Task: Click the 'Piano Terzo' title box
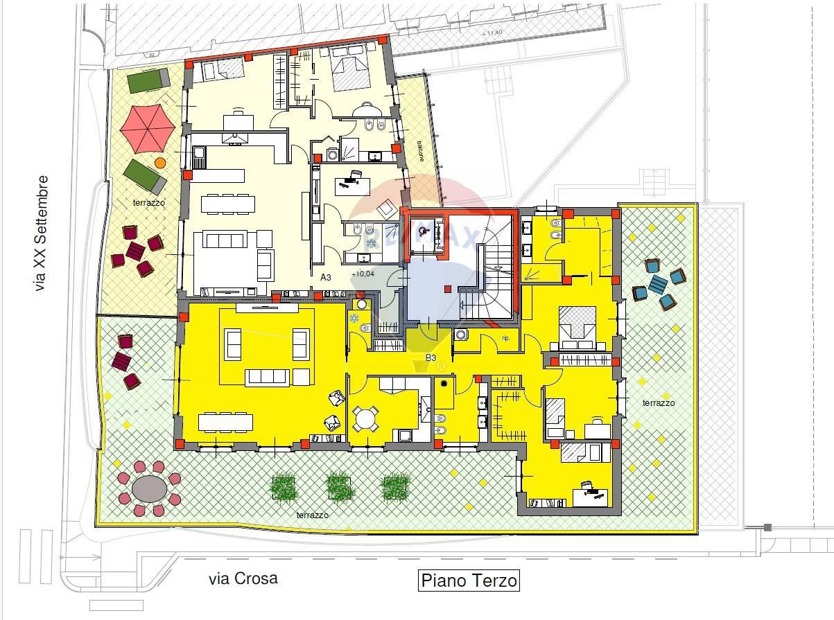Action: click(469, 580)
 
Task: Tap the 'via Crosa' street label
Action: click(243, 578)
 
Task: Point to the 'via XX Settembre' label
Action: click(42, 233)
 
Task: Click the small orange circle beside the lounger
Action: click(160, 163)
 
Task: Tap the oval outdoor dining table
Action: click(150, 489)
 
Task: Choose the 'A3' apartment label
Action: click(326, 276)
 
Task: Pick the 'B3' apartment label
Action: click(431, 358)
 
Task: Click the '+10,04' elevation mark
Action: click(363, 274)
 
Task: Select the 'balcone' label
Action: click(420, 151)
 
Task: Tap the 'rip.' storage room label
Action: click(505, 339)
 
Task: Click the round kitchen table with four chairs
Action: click(364, 418)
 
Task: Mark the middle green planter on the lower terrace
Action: click(340, 486)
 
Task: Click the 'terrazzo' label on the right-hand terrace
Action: click(658, 402)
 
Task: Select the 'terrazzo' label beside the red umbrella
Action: click(150, 203)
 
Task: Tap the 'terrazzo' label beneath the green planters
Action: click(312, 515)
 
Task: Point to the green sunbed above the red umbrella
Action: click(148, 80)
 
